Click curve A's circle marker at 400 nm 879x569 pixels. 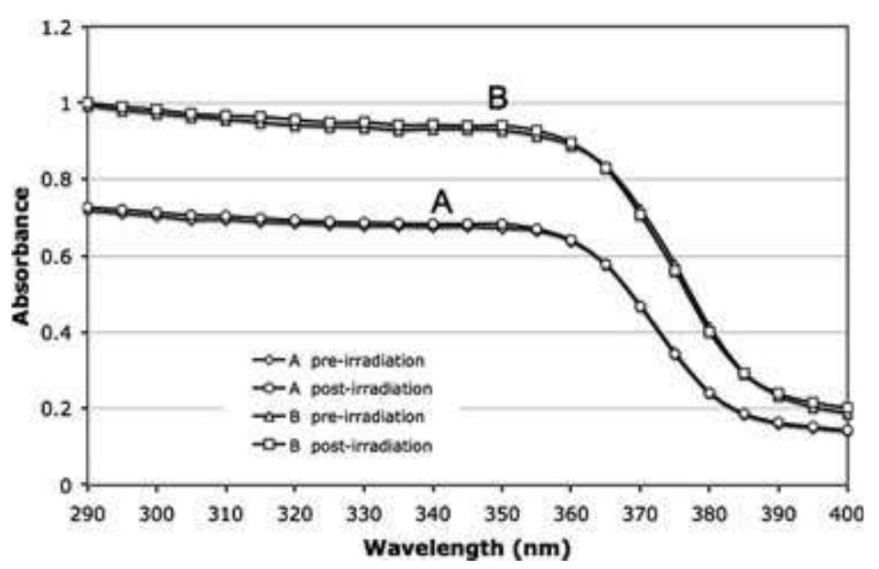click(848, 430)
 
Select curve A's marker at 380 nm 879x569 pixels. click(710, 393)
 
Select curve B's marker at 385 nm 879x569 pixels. click(744, 374)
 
